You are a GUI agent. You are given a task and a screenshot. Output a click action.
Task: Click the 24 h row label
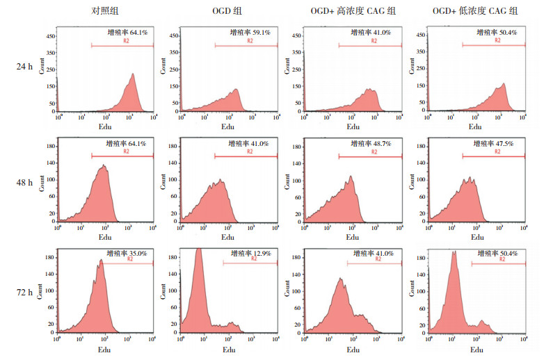26,67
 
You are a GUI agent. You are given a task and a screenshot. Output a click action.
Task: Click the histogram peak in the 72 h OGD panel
199,249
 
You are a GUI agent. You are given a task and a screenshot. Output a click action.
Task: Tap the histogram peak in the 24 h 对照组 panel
132,74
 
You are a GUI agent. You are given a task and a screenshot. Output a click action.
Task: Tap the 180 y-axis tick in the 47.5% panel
422,147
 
